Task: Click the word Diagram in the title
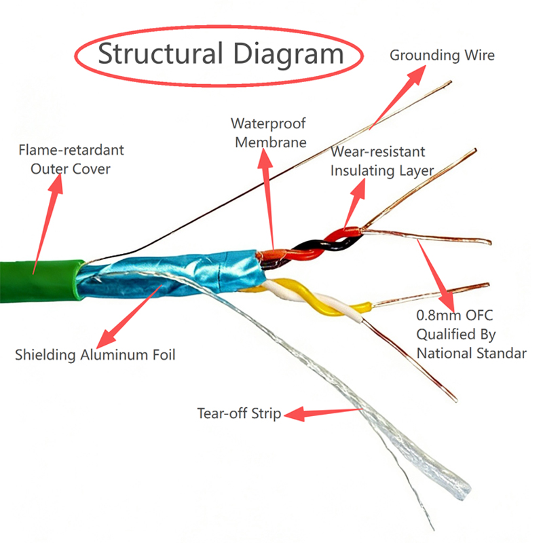(286, 54)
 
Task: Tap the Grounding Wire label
(442, 55)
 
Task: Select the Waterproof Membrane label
(268, 133)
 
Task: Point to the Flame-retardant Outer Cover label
(71, 158)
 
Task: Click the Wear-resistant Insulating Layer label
(381, 161)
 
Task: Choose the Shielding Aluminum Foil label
(95, 354)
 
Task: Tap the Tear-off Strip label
(239, 413)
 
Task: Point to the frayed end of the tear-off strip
(455, 485)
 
